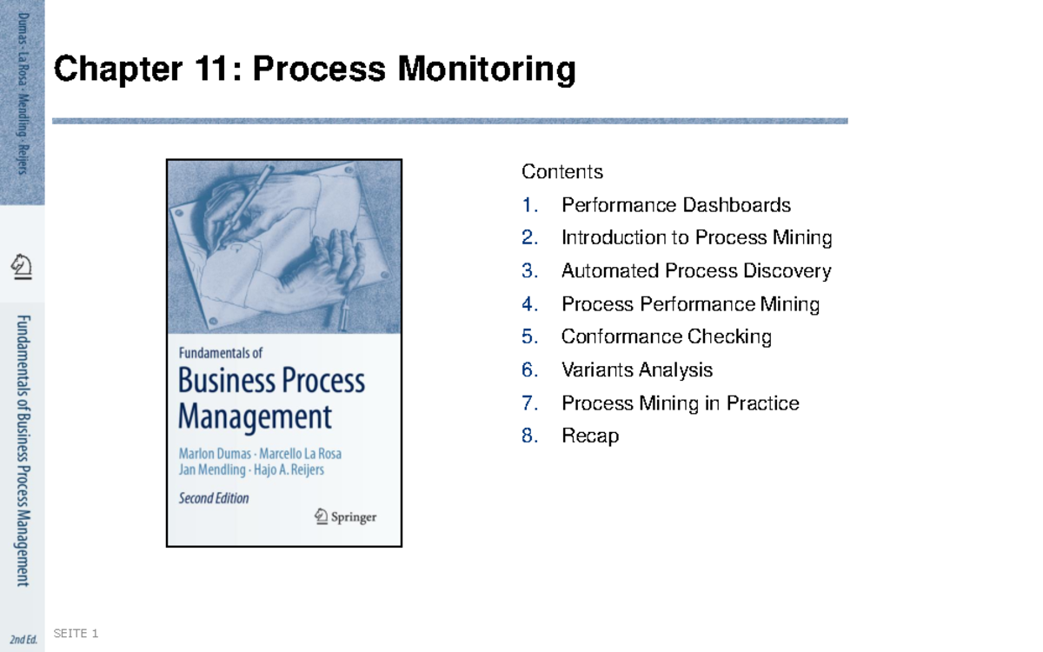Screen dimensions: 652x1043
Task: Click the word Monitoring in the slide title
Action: pyautogui.click(x=487, y=70)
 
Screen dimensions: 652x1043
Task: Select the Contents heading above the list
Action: pyautogui.click(x=561, y=172)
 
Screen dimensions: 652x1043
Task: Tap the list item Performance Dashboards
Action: pyautogui.click(x=675, y=205)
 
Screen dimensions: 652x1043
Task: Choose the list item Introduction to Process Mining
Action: pyautogui.click(x=696, y=238)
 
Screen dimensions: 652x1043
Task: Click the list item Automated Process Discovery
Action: pyautogui.click(x=695, y=271)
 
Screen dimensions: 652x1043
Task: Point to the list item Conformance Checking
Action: pyautogui.click(x=666, y=336)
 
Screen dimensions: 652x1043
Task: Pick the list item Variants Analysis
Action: pyautogui.click(x=636, y=370)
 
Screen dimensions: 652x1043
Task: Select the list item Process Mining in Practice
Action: pyautogui.click(x=680, y=403)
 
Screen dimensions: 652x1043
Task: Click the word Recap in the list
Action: pyautogui.click(x=589, y=436)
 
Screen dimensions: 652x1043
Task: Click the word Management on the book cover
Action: pyautogui.click(x=255, y=417)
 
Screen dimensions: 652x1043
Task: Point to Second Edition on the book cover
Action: pyautogui.click(x=214, y=499)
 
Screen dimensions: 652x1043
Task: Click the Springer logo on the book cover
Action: pyautogui.click(x=345, y=516)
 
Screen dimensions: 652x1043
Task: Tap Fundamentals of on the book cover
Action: pyautogui.click(x=220, y=354)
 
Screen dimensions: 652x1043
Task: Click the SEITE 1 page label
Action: pyautogui.click(x=76, y=634)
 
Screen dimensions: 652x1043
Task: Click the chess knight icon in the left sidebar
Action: pyautogui.click(x=22, y=266)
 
